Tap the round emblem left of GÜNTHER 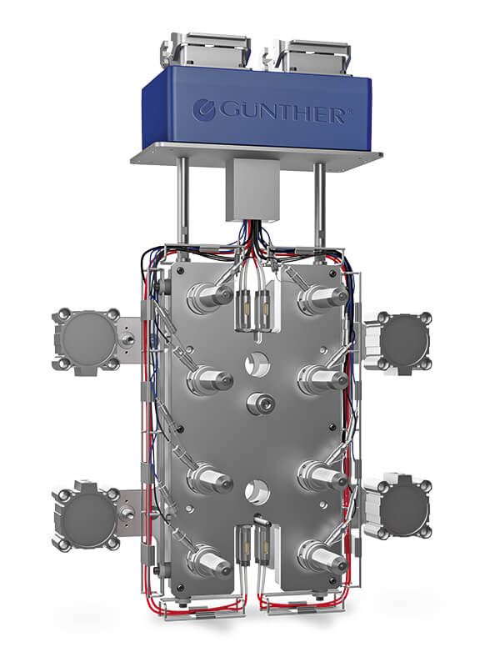coord(203,110)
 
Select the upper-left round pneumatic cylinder coord(87,341)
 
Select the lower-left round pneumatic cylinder coord(87,515)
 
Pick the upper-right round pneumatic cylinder coord(401,341)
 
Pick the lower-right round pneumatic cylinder coord(401,507)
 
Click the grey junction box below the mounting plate coord(252,189)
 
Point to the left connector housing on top coord(205,49)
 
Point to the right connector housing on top coord(309,54)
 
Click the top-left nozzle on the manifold coord(210,297)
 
